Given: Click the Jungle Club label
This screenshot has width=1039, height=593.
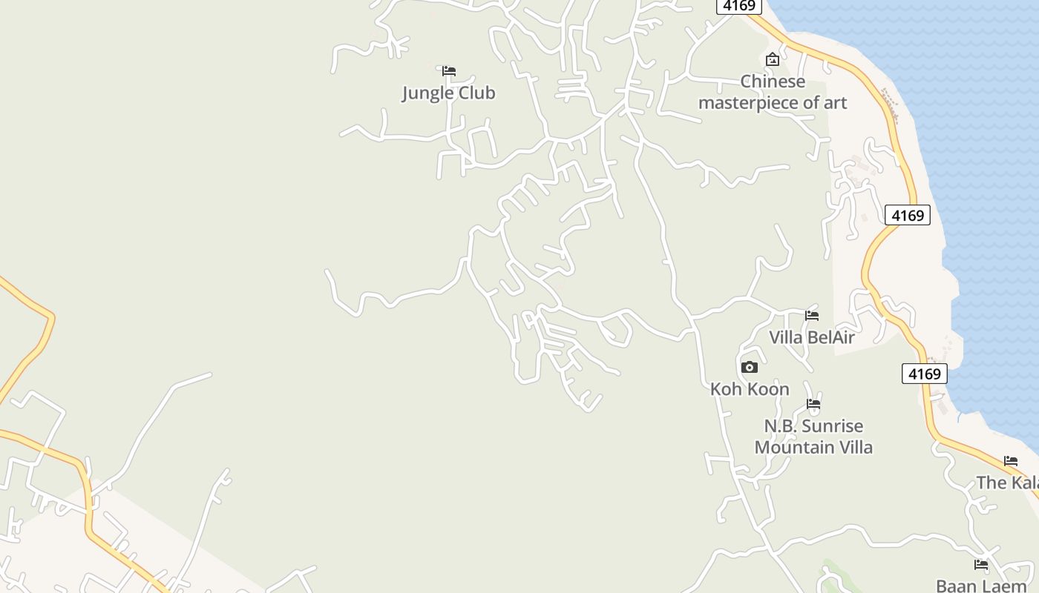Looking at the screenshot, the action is pyautogui.click(x=448, y=93).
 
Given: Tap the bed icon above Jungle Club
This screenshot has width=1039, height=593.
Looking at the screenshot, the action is pyautogui.click(x=448, y=71).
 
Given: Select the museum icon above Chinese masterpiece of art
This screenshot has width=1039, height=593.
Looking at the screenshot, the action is pyautogui.click(x=773, y=59).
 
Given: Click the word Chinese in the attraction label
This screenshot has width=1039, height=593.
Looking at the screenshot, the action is pyautogui.click(x=773, y=82).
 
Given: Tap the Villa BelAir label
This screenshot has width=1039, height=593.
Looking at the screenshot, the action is pyautogui.click(x=811, y=338).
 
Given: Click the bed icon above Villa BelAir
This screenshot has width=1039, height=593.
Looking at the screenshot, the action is pyautogui.click(x=812, y=316).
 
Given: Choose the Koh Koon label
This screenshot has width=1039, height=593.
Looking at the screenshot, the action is pyautogui.click(x=750, y=389).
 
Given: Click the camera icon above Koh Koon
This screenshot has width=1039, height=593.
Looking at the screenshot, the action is pyautogui.click(x=750, y=367).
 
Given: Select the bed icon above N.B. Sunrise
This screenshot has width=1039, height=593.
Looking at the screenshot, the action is pyautogui.click(x=813, y=405).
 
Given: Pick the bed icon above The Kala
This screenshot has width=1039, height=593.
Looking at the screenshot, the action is pyautogui.click(x=1011, y=461).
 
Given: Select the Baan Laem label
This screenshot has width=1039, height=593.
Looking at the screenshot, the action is pyautogui.click(x=981, y=586).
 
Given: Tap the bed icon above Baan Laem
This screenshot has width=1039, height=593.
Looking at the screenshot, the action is pyautogui.click(x=981, y=565).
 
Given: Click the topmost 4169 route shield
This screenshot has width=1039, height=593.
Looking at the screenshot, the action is pyautogui.click(x=740, y=6).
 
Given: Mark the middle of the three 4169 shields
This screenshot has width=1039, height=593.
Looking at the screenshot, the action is pyautogui.click(x=908, y=216).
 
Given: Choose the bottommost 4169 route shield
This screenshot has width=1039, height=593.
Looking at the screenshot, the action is pyautogui.click(x=925, y=374).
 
